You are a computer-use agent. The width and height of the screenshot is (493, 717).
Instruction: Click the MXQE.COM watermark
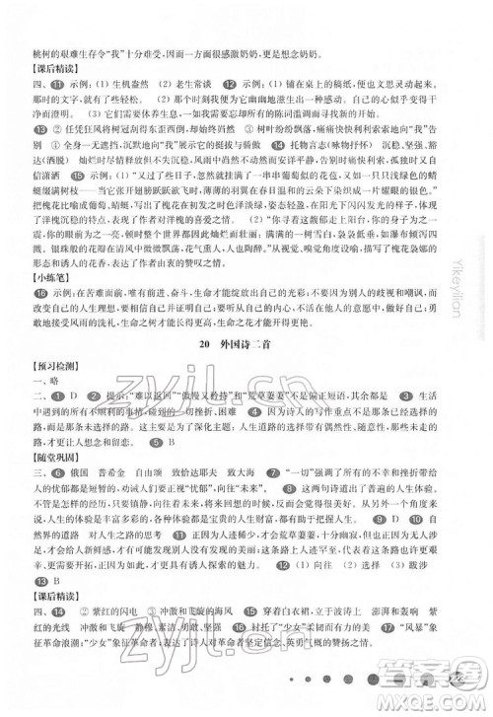[x=448, y=702]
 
